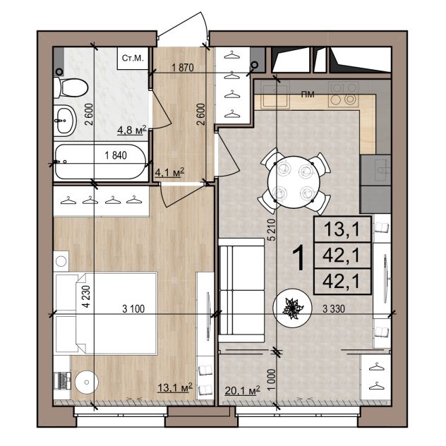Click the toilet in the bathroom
pos(71,88)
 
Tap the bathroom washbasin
pos(65,120)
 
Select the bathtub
pos(101,162)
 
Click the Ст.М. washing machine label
pos(133,59)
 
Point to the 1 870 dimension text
pos(183,68)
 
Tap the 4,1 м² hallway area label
pos(169,171)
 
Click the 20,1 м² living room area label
pos(242,390)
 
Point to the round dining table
pos(294,182)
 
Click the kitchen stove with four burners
pos(343,93)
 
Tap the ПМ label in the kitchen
pos(308,94)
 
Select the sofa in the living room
pos(241,290)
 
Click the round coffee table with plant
pos(292,308)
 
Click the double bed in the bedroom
pos(106,313)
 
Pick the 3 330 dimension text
pos(334,308)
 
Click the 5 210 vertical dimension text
pos(273,230)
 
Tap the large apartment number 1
pos(299,258)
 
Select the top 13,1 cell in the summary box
pos(342,229)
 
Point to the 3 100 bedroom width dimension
pos(133,308)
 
